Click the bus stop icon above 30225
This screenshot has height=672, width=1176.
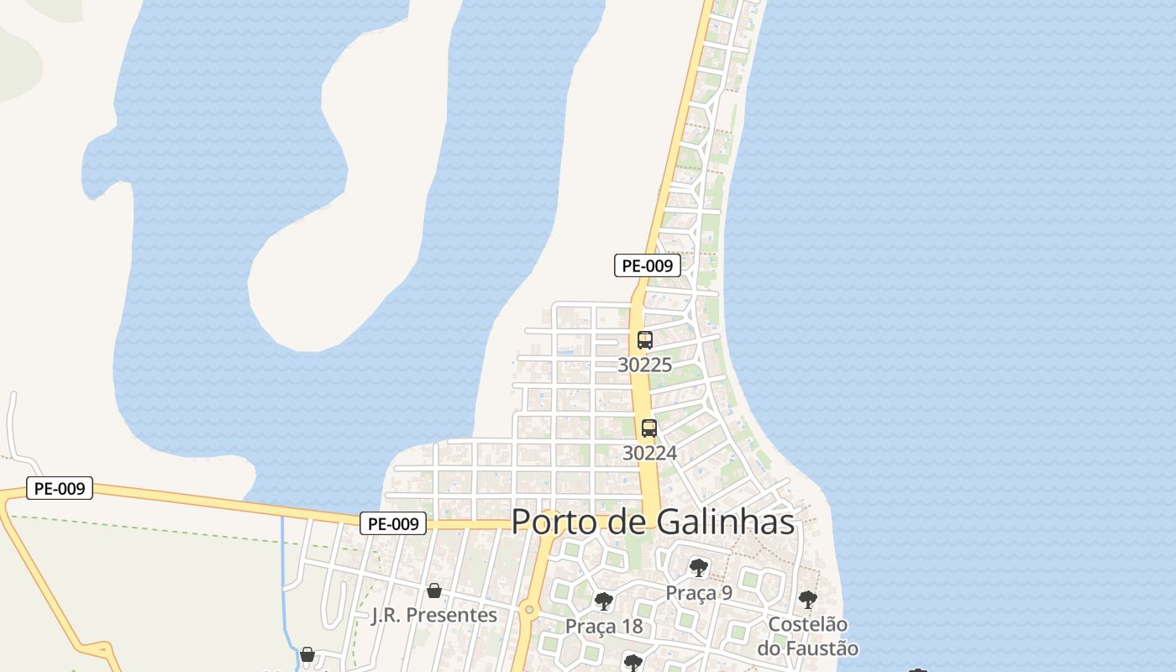pos(644,340)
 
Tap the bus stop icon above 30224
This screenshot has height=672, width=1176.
pos(649,428)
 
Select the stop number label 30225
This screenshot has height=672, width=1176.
pos(644,365)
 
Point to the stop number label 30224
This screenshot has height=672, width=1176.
pos(649,453)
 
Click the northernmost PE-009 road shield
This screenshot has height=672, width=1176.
pos(647,266)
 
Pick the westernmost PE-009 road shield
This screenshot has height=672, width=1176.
pos(60,488)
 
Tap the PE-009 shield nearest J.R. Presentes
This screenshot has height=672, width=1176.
pos(393,524)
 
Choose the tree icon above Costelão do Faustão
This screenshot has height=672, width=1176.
pos(807,600)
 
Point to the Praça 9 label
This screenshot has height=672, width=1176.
pos(699,593)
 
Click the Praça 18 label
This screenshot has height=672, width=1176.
pos(604,627)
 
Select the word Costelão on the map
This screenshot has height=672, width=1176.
pos(808,625)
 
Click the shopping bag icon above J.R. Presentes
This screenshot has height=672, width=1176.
pos(434,591)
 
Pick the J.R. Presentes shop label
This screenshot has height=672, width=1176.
pos(434,615)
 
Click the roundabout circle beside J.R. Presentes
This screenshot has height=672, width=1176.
pos(529,610)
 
